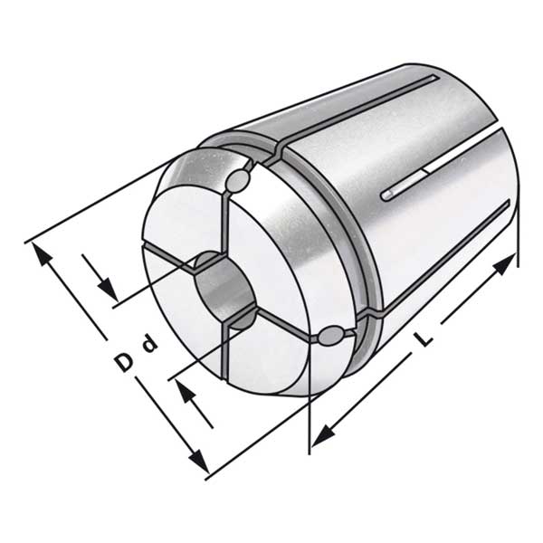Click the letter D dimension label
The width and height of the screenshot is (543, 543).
pos(124,362)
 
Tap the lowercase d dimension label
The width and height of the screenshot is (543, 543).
pos(150,344)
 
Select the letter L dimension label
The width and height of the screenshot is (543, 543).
pos(424,338)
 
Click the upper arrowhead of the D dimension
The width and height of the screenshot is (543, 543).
pos(43,253)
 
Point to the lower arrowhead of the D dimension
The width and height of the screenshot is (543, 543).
pos(199,461)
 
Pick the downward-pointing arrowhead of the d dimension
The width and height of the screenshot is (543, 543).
pos(108,290)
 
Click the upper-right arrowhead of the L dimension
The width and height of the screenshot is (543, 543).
pos(504,263)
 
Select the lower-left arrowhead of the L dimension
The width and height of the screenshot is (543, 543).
pos(324,436)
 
